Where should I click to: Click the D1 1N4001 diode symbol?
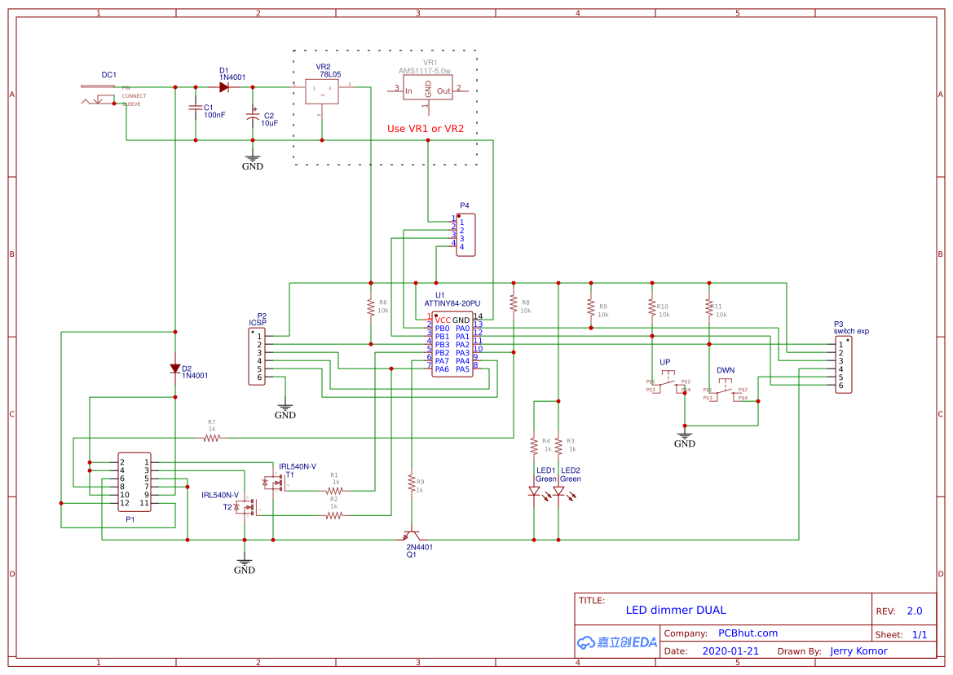(223, 87)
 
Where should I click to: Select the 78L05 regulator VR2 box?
(323, 91)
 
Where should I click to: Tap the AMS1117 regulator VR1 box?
(427, 90)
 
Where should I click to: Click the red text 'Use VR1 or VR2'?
(425, 129)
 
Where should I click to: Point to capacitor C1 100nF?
(195, 108)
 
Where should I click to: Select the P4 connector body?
(465, 235)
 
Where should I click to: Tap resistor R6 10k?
(371, 307)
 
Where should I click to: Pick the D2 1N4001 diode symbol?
(175, 368)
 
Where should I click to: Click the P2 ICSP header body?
(257, 357)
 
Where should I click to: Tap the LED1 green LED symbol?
(534, 492)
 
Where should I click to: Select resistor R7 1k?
(212, 438)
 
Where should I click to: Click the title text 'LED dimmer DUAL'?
(675, 610)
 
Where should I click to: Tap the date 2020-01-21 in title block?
(730, 651)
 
